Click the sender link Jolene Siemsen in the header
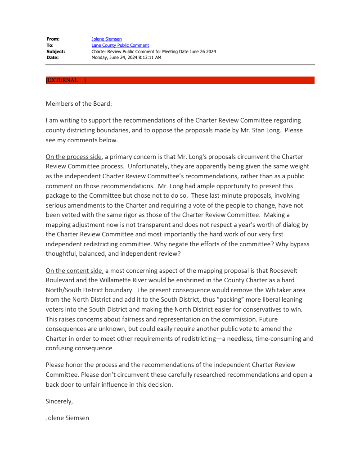[x=106, y=39]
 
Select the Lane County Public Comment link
[x=120, y=45]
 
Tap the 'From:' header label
[x=53, y=39]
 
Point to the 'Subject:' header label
[x=56, y=51]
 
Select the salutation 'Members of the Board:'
[x=79, y=104]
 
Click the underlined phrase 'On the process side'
[x=74, y=157]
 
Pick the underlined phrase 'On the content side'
[x=74, y=271]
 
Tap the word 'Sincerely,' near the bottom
[x=59, y=401]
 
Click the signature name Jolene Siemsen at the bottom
[x=67, y=418]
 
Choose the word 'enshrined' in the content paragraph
[x=193, y=280]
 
